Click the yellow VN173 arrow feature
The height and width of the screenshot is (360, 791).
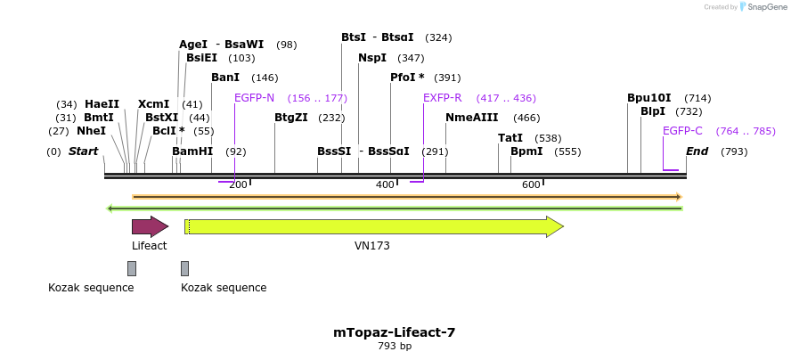click(x=374, y=227)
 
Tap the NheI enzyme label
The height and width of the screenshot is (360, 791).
click(x=91, y=131)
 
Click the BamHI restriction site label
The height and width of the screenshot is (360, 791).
click(x=192, y=151)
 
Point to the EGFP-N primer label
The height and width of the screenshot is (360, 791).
click(x=254, y=98)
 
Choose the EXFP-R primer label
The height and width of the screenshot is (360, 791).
click(x=442, y=98)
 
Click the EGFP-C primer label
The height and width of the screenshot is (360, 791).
click(x=682, y=131)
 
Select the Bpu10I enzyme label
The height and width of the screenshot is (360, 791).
click(x=648, y=98)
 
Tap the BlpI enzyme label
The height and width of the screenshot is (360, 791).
click(x=653, y=111)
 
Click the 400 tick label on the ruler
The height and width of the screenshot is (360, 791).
click(x=385, y=184)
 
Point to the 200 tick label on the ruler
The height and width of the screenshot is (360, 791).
click(x=238, y=184)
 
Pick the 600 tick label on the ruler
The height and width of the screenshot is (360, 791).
click(x=531, y=184)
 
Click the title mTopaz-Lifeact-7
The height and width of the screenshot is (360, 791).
click(x=394, y=332)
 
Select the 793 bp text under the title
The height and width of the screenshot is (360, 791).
click(x=394, y=346)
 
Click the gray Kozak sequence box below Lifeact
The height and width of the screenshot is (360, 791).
click(x=132, y=268)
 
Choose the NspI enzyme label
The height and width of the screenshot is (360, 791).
click(x=372, y=58)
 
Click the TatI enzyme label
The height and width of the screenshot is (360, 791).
click(x=510, y=138)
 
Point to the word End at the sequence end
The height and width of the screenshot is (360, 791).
click(x=697, y=151)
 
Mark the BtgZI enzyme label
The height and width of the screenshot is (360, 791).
click(x=291, y=118)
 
